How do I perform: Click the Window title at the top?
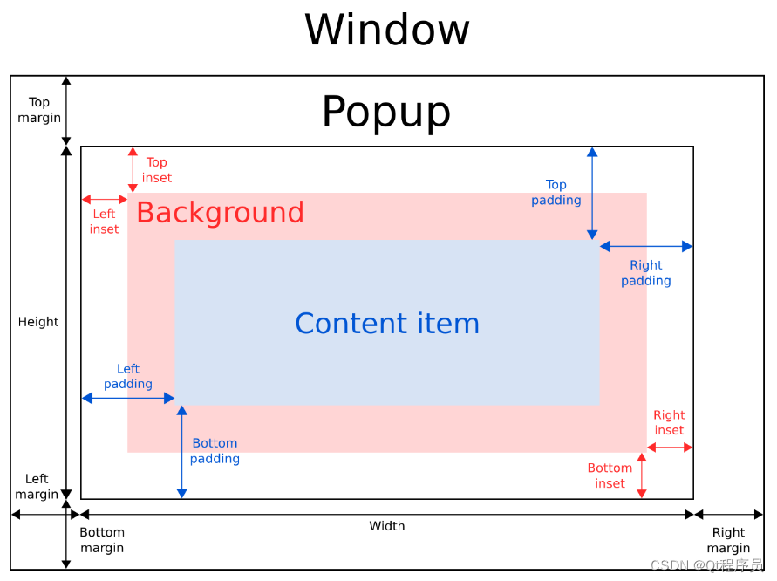387,30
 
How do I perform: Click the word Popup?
386,112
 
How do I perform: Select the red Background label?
220,212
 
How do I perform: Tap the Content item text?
387,323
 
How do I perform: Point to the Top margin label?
39,110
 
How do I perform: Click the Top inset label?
157,170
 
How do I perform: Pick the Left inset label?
104,222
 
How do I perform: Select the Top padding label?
556,192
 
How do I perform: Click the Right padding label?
646,272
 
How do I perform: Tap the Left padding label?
128,376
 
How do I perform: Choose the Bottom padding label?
215,450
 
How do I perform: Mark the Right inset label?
669,422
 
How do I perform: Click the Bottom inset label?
610,475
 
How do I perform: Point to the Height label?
38,322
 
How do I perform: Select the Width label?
387,526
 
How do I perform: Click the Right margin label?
728,540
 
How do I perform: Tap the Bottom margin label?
102,540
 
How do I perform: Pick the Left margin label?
37,486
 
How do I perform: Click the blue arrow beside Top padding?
592,194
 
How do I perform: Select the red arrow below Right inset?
670,448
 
